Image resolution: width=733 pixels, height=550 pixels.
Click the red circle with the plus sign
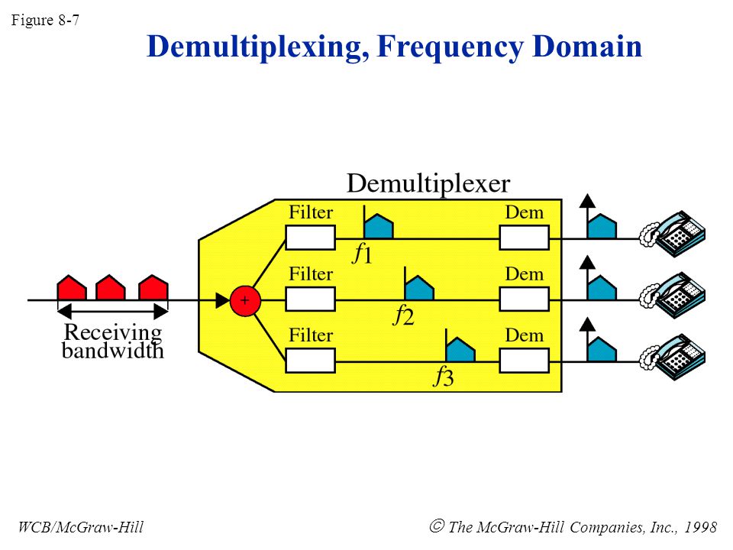245,301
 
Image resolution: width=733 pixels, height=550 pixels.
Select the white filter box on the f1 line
311,238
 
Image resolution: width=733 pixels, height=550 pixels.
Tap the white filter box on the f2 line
311,299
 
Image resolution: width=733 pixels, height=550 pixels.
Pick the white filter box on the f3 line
311,361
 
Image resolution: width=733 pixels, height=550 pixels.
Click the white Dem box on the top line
524,238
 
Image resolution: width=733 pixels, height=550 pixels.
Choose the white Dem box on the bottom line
524,361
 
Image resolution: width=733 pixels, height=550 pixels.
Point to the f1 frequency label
362,254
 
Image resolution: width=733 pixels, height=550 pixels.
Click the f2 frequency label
403,315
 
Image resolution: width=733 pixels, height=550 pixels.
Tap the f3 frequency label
444,377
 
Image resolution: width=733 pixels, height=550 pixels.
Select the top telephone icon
673,234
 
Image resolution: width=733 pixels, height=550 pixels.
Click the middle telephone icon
673,296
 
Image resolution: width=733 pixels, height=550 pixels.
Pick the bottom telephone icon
673,357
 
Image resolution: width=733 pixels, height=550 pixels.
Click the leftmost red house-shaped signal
72,288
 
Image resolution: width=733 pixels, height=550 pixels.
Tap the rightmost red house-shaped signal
153,288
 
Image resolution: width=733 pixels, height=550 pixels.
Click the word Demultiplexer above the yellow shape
428,184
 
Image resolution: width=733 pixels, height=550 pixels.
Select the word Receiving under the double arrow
113,333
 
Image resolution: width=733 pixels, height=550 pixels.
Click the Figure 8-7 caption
45,20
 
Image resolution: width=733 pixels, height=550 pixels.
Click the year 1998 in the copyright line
700,527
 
